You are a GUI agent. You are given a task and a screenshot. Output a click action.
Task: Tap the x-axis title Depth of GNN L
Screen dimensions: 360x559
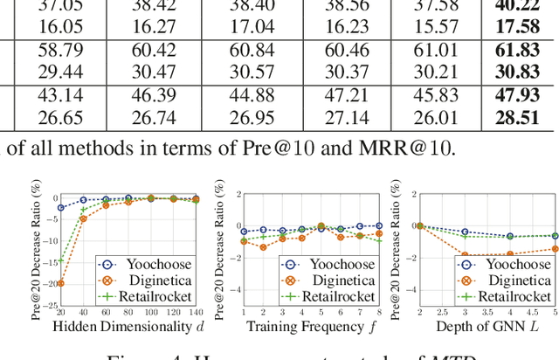point(487,327)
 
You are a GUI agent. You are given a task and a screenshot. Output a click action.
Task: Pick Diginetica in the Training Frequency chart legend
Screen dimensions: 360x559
point(337,280)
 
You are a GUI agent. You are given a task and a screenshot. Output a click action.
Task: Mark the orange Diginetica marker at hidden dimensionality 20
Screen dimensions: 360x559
point(60,283)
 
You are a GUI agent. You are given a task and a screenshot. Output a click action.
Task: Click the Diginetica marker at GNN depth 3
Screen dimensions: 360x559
point(465,255)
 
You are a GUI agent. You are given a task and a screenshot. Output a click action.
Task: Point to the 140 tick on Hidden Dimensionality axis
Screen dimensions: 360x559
point(196,312)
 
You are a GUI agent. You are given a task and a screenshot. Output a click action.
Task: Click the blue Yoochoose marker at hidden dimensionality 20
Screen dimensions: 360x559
point(60,208)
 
